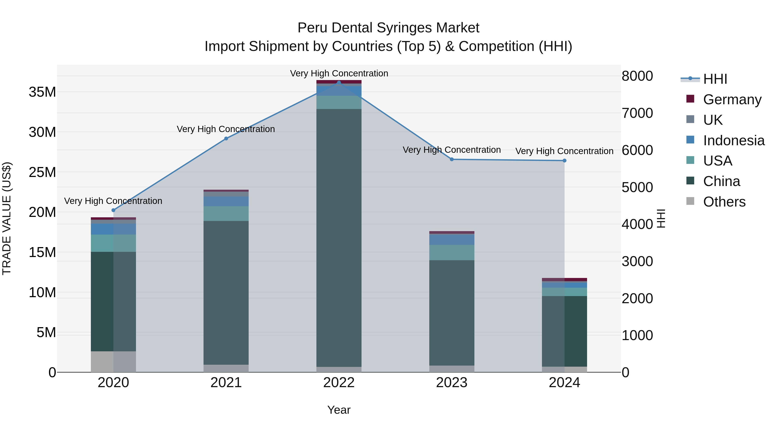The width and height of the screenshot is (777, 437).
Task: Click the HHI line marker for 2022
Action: click(x=339, y=83)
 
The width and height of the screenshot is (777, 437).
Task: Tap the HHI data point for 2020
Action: click(x=113, y=210)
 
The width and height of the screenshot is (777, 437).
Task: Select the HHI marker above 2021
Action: click(x=226, y=138)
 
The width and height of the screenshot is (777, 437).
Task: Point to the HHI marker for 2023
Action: click(x=452, y=159)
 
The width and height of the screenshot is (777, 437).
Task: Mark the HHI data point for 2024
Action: click(x=564, y=160)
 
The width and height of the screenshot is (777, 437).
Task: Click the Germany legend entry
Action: click(x=732, y=99)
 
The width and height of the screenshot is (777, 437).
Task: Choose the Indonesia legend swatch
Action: click(x=690, y=140)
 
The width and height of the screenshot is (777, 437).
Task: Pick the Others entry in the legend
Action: click(x=724, y=202)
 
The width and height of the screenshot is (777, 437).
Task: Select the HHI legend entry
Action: click(x=715, y=79)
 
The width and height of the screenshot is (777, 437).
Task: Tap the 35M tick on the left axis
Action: click(x=42, y=92)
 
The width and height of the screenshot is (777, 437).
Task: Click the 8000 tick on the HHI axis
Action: click(x=637, y=76)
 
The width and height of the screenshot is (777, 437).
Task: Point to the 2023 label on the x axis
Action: click(x=452, y=383)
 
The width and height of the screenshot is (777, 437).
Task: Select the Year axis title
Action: click(x=339, y=410)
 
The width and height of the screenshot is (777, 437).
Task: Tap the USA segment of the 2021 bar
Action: click(x=226, y=213)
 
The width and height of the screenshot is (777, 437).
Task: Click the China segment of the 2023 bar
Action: click(x=452, y=313)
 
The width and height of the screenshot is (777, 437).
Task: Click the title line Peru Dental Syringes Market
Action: click(x=388, y=28)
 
